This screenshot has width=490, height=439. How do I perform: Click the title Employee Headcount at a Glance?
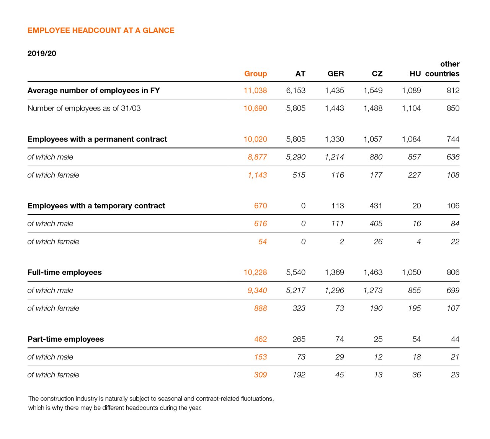coord(101,31)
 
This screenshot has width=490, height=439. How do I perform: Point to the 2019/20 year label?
coord(42,54)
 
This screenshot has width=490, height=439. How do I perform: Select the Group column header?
coord(255,74)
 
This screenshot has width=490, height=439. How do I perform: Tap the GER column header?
coord(335,74)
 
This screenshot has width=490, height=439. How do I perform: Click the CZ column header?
coord(377,74)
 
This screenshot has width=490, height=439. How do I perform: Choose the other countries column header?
coord(443,69)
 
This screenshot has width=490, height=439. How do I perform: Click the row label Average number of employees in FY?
coord(93,91)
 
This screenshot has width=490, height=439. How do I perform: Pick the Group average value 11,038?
coord(255,91)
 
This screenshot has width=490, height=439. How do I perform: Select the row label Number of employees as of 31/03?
coord(84,109)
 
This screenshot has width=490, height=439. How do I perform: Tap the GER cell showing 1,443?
coord(334,109)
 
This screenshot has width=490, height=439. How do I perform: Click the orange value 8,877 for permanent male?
coord(257,157)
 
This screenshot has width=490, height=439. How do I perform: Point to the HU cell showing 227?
coord(414,175)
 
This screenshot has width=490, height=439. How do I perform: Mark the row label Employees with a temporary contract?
coord(96,206)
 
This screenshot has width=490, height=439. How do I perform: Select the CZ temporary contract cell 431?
coord(376,206)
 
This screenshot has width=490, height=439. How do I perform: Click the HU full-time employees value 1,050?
coord(411,272)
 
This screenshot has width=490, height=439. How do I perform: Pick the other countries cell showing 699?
coord(453,290)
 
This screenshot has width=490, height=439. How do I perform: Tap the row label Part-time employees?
coord(65,339)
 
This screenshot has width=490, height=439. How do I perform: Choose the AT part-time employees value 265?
coord(299,339)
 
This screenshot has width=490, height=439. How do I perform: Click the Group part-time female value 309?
coord(260,375)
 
